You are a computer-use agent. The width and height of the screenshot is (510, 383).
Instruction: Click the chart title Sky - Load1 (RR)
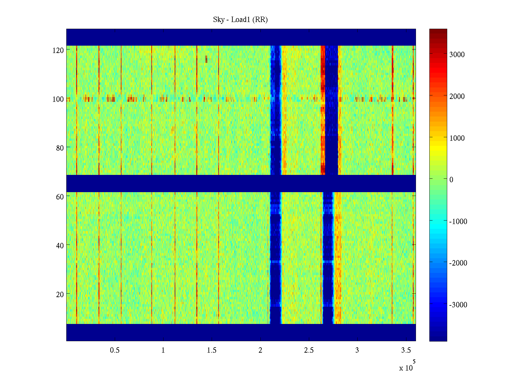(x=240, y=20)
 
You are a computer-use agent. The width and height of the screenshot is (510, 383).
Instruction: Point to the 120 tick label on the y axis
(x=58, y=50)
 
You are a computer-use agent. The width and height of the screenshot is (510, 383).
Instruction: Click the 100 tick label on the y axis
(x=58, y=99)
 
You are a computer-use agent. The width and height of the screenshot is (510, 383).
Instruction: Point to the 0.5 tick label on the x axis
(x=115, y=350)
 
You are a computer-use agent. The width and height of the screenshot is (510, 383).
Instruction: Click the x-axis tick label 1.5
(x=212, y=350)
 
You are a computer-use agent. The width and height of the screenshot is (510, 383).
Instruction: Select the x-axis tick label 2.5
(x=309, y=350)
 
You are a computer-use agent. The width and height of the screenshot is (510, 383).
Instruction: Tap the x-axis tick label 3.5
(x=406, y=350)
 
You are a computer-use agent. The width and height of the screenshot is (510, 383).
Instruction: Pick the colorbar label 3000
(x=457, y=55)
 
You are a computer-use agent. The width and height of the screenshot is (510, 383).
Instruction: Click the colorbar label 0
(x=451, y=180)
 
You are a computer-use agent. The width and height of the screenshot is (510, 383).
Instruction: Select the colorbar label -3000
(x=458, y=305)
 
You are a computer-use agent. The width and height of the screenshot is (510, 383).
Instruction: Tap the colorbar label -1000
(x=458, y=222)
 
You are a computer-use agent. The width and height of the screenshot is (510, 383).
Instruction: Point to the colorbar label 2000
(x=457, y=96)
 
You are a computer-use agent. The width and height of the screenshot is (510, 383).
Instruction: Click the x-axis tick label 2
(x=260, y=350)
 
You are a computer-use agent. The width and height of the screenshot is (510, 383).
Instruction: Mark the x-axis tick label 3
(x=357, y=350)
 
